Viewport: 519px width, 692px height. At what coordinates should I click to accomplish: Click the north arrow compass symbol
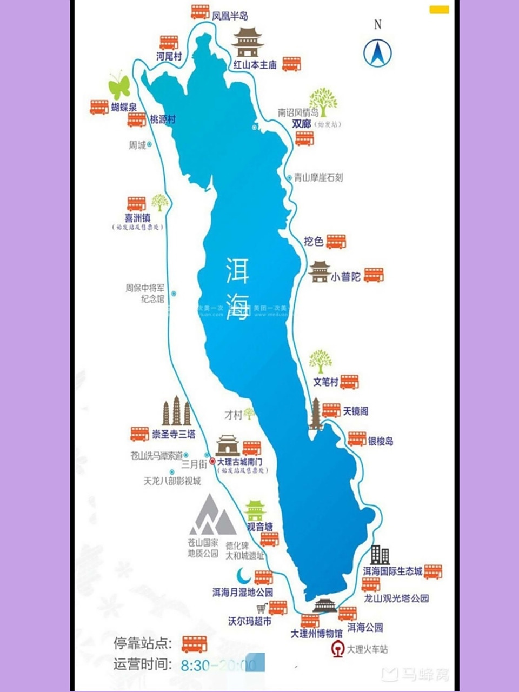point(377,52)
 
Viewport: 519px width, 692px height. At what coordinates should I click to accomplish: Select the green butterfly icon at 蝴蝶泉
point(119,85)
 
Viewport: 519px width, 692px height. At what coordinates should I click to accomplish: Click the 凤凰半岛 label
point(230,16)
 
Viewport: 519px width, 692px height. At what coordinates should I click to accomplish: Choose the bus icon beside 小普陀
point(374,275)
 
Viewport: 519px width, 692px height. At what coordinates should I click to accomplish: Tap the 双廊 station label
point(302,124)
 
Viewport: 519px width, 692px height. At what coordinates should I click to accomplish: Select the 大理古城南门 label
point(239,462)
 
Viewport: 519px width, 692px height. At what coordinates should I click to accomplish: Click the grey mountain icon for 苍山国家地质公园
point(212,515)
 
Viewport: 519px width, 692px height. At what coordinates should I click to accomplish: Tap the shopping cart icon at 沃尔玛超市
point(262,608)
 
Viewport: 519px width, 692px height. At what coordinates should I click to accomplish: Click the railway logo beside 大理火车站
point(338,649)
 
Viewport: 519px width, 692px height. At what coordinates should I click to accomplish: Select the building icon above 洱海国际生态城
point(380,555)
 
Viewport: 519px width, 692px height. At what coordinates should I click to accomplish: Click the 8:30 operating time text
point(195,665)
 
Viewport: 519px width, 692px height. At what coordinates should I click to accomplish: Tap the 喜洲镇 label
point(137,218)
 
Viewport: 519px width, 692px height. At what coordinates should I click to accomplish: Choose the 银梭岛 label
point(381,441)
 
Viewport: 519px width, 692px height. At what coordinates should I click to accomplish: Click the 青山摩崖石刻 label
point(318,177)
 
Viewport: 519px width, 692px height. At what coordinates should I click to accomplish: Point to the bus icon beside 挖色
point(336,241)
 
